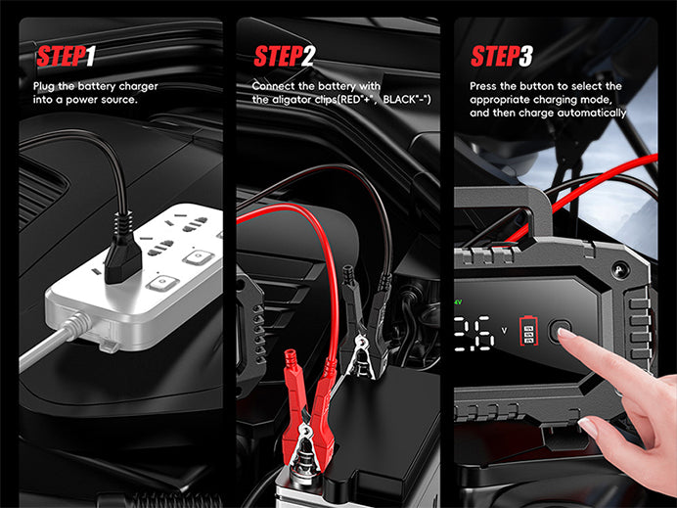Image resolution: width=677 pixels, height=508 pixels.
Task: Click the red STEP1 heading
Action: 66,56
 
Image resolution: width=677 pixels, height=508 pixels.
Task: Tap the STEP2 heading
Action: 285,56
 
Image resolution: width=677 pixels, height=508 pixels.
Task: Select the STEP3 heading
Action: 502,56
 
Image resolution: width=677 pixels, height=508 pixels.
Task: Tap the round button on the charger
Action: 560,331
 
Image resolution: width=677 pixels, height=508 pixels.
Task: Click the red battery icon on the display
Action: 528,331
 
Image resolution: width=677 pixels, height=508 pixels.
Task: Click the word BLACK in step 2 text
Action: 398,100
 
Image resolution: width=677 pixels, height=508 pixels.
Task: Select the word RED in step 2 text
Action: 349,100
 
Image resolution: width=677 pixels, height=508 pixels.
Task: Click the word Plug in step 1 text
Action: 44,86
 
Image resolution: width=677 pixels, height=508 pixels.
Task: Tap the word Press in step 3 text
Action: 483,86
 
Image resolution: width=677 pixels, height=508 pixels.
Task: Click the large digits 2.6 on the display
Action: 474,333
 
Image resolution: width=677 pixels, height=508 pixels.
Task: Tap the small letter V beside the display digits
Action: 504,331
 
